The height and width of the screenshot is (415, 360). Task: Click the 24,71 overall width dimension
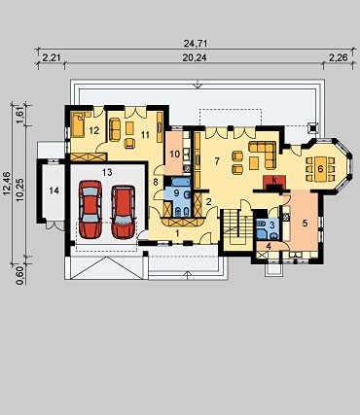[x=196, y=43]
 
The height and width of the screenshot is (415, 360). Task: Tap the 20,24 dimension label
[x=195, y=57]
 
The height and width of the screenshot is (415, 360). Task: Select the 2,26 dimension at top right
[x=339, y=57]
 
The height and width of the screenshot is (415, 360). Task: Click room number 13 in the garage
[x=107, y=172]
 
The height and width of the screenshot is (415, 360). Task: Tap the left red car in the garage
[x=90, y=209]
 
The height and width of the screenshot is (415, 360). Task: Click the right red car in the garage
[x=124, y=212]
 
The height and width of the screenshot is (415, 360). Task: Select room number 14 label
[x=54, y=190]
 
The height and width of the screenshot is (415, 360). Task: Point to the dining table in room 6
[x=320, y=169]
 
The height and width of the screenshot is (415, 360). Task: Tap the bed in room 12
[x=79, y=123]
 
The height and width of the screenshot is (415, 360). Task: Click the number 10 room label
[x=175, y=154]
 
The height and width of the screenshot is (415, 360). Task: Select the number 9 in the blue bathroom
[x=176, y=193]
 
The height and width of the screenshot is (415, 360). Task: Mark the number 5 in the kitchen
[x=305, y=223]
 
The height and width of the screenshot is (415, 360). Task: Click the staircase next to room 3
[x=238, y=229]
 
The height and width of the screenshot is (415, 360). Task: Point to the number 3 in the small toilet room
[x=272, y=225]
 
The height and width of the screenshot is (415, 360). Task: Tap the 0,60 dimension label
[x=20, y=276]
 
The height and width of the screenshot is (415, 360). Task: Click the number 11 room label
[x=145, y=134]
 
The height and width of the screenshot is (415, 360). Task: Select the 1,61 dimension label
[x=20, y=116]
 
